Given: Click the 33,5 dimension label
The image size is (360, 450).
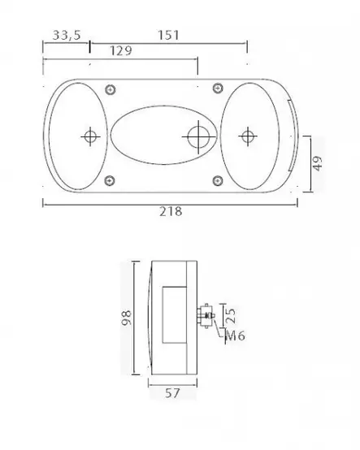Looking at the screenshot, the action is click(x=67, y=35).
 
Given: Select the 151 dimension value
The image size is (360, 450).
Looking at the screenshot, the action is click(x=168, y=35).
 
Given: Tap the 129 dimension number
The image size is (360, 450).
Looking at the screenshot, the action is click(x=121, y=50).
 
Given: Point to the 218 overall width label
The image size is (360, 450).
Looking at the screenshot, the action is click(x=171, y=211).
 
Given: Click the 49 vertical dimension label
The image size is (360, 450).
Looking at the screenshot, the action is click(x=317, y=163).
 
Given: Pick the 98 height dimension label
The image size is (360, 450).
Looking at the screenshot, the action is click(x=126, y=318).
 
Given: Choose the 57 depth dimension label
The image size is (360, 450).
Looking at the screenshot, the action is click(x=172, y=393).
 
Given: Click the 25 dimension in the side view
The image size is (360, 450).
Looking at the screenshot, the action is click(x=231, y=315).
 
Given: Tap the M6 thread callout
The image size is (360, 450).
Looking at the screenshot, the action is click(x=236, y=335).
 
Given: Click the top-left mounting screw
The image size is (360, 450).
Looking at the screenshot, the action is click(x=111, y=90).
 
